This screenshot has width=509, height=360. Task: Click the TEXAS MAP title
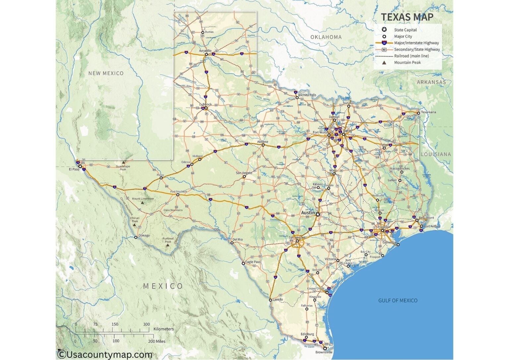click(x=407, y=17)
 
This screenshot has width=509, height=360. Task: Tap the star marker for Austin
click(x=318, y=214)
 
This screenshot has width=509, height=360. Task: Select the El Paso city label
click(x=74, y=169)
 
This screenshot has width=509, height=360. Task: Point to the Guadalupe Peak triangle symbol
click(x=123, y=162)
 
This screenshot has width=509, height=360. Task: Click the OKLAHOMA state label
click(x=326, y=37)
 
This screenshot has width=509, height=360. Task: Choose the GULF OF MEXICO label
click(x=398, y=301)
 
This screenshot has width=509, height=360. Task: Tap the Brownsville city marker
click(x=325, y=348)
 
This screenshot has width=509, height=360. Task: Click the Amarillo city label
click(x=205, y=51)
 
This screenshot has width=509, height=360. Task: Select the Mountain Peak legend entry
click(x=407, y=63)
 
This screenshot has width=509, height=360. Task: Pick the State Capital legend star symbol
click(x=384, y=30)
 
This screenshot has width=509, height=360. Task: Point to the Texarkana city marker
click(x=419, y=113)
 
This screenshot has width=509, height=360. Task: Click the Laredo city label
click(x=278, y=299)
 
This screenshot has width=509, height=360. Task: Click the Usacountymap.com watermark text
click(x=105, y=355)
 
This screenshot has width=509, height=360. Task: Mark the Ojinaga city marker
click(x=136, y=237)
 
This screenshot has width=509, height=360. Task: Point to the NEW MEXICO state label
click(x=106, y=73)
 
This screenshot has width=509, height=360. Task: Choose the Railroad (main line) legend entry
click(x=411, y=56)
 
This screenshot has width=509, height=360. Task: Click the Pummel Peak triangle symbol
click(x=168, y=245)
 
